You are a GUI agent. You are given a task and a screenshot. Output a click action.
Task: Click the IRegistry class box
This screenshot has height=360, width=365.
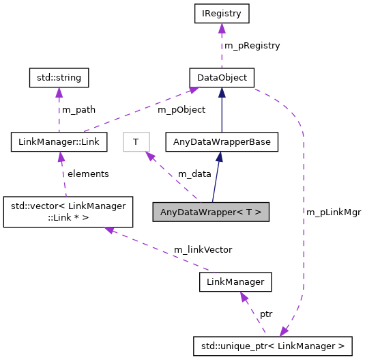click(222, 13)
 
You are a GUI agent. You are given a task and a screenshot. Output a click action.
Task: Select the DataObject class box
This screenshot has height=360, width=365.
click(222, 77)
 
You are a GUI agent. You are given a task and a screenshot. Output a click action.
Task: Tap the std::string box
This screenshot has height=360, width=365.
click(59, 77)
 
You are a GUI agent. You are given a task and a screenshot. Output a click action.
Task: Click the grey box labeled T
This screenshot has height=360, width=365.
click(136, 142)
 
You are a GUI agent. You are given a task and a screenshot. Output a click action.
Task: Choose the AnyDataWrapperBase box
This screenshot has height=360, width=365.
click(221, 142)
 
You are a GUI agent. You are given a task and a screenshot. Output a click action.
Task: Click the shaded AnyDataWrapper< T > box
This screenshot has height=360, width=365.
click(211, 212)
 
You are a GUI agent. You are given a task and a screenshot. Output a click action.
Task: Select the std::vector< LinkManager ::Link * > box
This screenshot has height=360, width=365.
click(59, 212)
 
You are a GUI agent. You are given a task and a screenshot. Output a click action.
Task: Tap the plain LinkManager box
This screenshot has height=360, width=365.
click(236, 281)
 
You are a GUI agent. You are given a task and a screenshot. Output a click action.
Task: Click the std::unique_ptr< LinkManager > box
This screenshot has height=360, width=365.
click(273, 346)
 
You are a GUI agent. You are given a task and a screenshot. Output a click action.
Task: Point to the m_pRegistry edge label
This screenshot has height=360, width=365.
click(252, 46)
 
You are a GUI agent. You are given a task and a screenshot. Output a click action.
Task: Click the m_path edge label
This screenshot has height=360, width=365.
click(78, 110)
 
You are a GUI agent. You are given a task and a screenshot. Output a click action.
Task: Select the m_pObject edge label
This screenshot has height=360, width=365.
click(181, 110)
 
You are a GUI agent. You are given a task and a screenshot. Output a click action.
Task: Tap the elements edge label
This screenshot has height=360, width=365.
click(88, 174)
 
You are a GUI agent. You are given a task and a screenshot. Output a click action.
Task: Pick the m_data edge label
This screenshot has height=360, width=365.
click(194, 174)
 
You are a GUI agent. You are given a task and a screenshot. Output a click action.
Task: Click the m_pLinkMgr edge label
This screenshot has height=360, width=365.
click(333, 212)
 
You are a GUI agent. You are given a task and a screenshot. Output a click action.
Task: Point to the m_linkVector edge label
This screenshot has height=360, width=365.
click(203, 250)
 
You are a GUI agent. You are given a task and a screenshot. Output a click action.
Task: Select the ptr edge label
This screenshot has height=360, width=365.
click(266, 314)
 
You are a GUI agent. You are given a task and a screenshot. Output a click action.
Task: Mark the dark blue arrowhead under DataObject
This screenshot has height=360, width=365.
click(222, 92)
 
